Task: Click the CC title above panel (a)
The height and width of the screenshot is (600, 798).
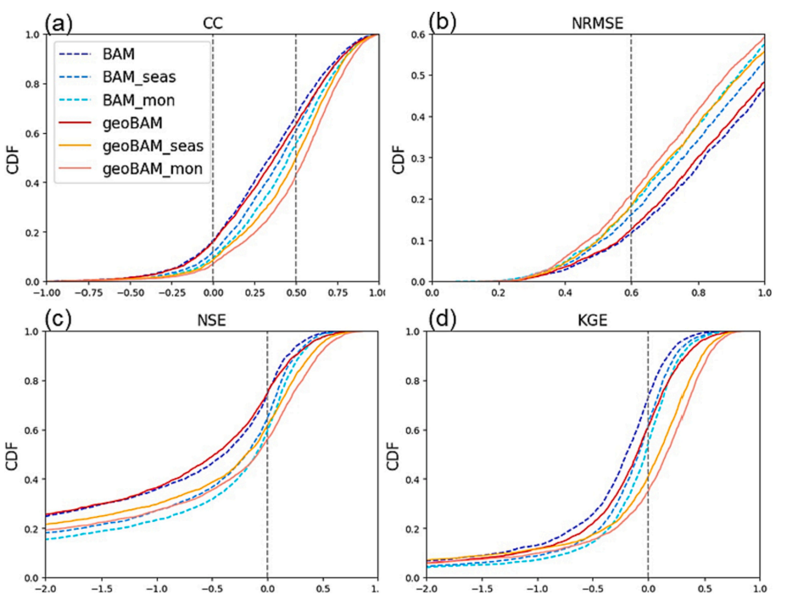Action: pyautogui.click(x=212, y=25)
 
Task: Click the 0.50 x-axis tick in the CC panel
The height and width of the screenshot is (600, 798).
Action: pyautogui.click(x=295, y=293)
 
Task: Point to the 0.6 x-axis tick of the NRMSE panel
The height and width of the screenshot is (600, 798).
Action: pyautogui.click(x=632, y=293)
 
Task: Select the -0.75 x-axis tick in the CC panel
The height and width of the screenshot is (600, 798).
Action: pyautogui.click(x=87, y=293)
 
